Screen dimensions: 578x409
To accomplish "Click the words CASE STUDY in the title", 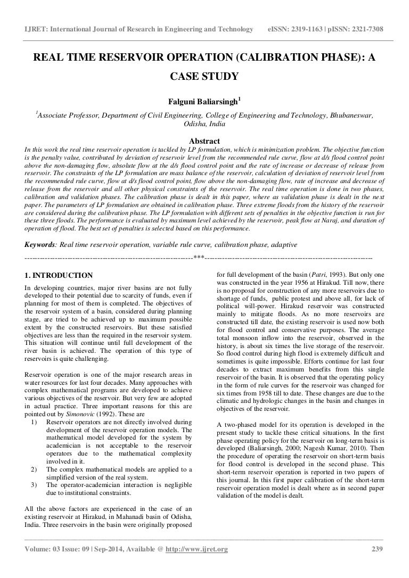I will click(204, 77).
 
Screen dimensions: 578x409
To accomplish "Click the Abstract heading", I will click(204, 141).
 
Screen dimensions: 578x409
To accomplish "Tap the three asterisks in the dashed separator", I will click(199, 258).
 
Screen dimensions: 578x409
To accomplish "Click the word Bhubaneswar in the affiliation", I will click(351, 114).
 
